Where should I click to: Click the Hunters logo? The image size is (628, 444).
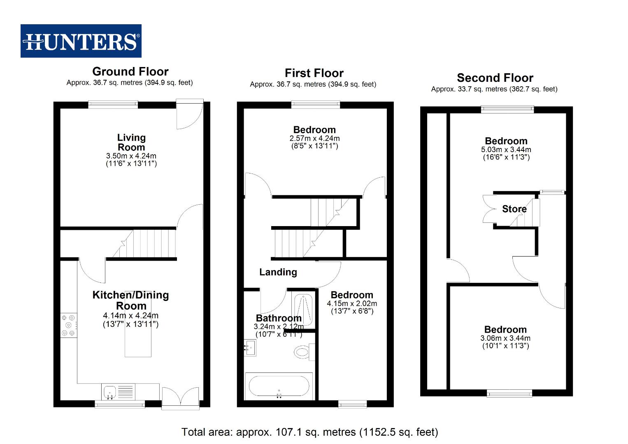[x=81, y=41]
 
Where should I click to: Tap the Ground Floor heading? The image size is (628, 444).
[x=130, y=72]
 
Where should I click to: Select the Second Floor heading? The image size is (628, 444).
[x=495, y=78]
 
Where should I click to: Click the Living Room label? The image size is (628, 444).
[x=131, y=142]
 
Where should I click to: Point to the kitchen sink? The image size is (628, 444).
[x=110, y=392]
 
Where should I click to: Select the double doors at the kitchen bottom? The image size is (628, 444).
[x=181, y=398]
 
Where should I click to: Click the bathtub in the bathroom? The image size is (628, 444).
[x=279, y=386]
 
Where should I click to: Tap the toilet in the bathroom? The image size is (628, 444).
[x=304, y=352]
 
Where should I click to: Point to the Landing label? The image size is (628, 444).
[x=278, y=272]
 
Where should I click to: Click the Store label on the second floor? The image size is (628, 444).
[x=514, y=209]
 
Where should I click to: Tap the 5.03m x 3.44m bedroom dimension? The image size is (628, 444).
[x=506, y=150]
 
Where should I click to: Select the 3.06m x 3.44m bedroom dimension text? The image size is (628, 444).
[x=505, y=338]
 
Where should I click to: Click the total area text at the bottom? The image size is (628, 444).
[x=309, y=432]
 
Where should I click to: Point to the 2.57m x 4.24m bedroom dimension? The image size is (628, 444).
[x=314, y=138]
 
